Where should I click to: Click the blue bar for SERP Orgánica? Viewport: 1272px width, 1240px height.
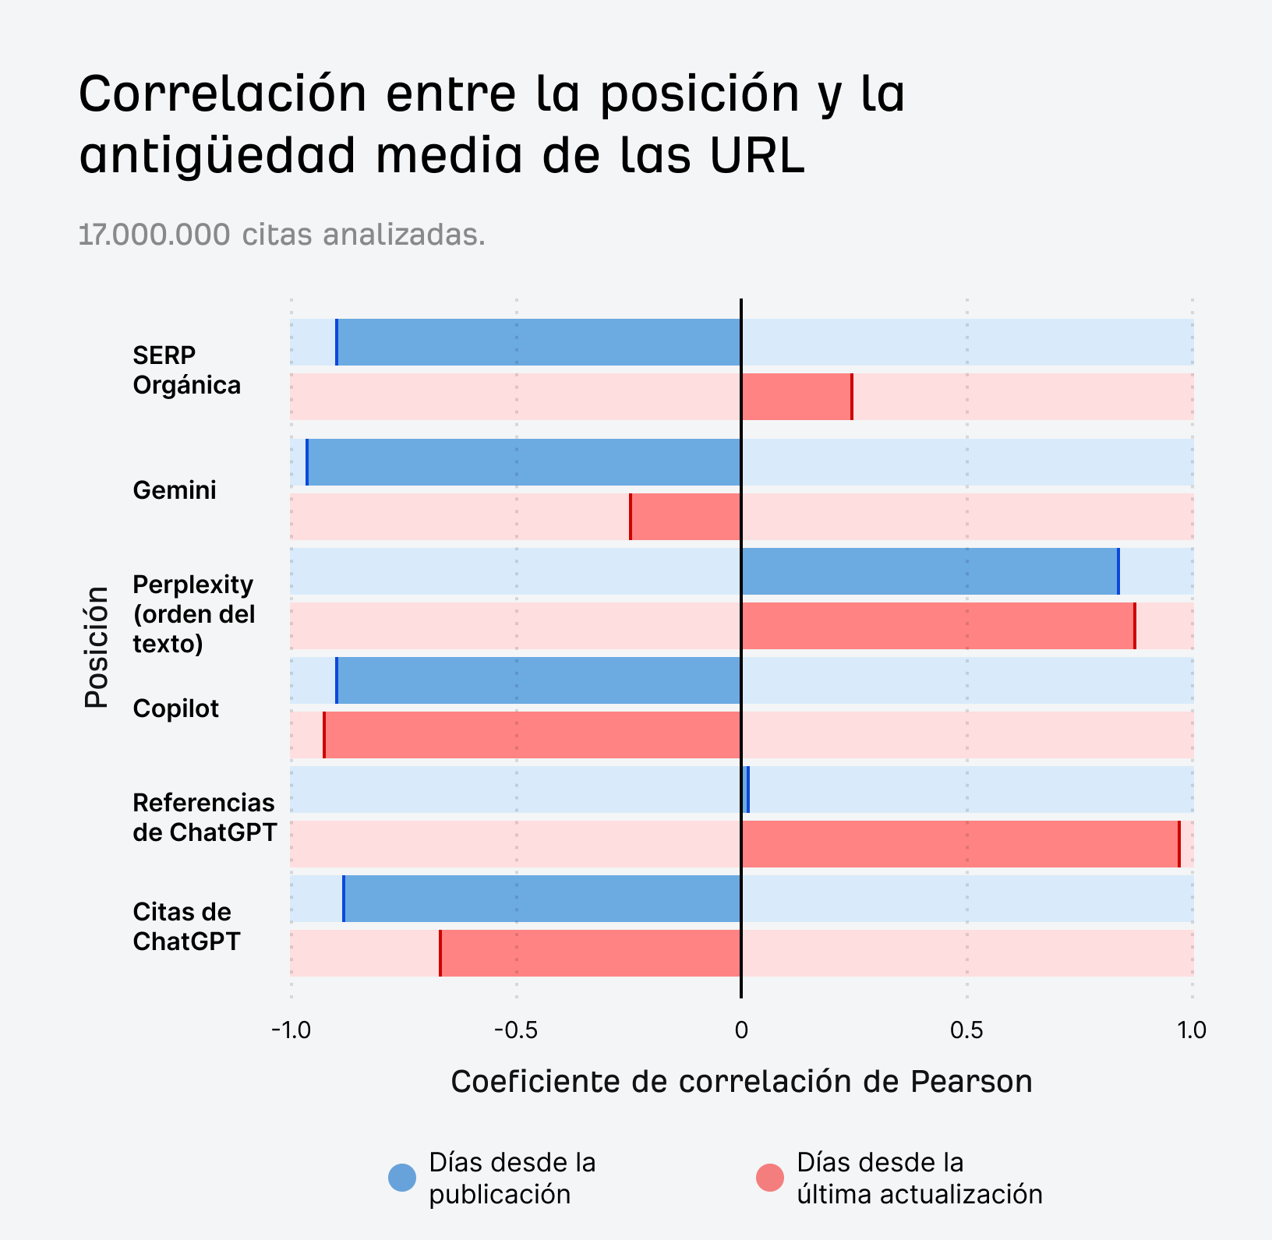(x=538, y=342)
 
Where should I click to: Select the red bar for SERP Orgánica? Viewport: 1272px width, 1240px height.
(x=796, y=397)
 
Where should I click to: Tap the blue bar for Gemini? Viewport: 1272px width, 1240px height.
(x=524, y=462)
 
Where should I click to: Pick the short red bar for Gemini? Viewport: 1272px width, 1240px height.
(x=685, y=517)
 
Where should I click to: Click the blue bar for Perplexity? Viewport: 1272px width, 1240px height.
(x=929, y=571)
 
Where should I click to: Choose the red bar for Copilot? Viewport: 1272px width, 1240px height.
(x=532, y=735)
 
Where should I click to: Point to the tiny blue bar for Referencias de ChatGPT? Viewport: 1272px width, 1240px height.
(x=745, y=790)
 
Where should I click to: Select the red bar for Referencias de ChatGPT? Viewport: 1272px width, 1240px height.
(x=959, y=844)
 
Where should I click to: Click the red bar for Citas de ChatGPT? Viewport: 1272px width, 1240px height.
(x=590, y=953)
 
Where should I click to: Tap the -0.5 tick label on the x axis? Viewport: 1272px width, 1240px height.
(x=515, y=1030)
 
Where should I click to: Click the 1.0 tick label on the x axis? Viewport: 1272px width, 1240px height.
(x=1191, y=1030)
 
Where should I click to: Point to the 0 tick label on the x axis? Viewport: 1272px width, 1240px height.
(x=741, y=1030)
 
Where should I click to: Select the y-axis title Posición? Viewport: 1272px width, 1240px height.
(x=97, y=647)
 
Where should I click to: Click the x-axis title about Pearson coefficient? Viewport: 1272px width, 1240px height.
(x=741, y=1082)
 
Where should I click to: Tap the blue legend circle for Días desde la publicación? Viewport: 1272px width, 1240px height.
(x=402, y=1178)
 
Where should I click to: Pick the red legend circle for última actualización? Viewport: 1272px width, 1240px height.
(x=770, y=1178)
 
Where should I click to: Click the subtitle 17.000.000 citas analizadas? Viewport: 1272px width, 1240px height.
(x=282, y=234)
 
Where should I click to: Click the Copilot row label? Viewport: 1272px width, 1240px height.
(x=175, y=708)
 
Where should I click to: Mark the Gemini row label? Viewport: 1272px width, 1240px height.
(x=175, y=490)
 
